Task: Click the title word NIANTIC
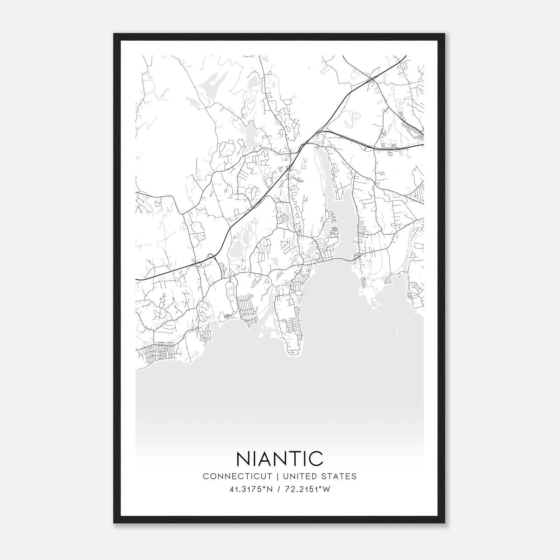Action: pos(280,458)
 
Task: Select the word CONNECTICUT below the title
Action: pos(238,476)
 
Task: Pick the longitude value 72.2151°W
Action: pos(307,489)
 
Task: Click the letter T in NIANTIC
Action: pos(293,458)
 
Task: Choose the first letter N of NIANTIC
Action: pos(244,458)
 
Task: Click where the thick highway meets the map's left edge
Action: pos(136,279)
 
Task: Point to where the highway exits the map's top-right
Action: pos(405,56)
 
